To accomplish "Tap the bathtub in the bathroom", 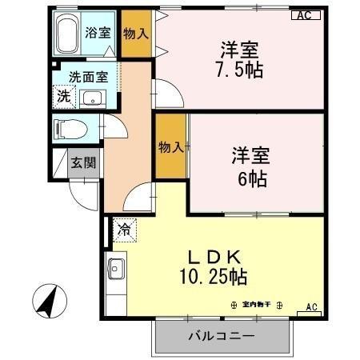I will (69, 34).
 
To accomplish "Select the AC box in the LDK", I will (311, 307).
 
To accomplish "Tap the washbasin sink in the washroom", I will (94, 99).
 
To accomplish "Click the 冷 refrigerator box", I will (124, 230).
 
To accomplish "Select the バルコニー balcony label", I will (222, 335).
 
